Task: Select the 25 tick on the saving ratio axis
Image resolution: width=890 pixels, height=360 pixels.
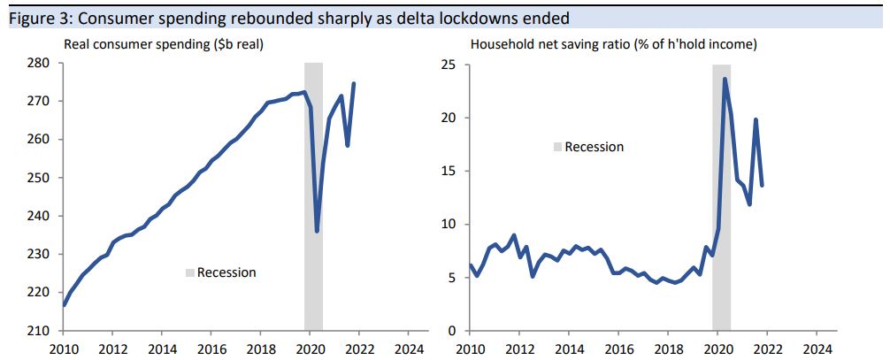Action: click(x=449, y=65)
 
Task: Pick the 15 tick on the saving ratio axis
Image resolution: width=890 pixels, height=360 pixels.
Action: click(x=449, y=172)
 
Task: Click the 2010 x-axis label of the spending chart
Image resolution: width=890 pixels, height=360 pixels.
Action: click(x=64, y=348)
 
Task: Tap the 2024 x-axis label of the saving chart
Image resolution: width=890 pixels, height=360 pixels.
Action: click(x=817, y=348)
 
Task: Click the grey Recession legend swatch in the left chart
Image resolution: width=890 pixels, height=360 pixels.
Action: click(x=189, y=272)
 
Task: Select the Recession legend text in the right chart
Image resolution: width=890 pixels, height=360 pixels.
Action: click(x=594, y=147)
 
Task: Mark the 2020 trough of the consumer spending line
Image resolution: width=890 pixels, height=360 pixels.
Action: click(x=317, y=231)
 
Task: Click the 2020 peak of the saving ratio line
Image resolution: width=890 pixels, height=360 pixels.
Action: click(x=725, y=79)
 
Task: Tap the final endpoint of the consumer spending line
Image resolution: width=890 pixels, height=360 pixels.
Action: click(x=354, y=84)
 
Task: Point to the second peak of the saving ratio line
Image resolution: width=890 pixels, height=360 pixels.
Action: click(x=756, y=119)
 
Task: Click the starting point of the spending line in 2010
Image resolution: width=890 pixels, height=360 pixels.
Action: click(x=65, y=305)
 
